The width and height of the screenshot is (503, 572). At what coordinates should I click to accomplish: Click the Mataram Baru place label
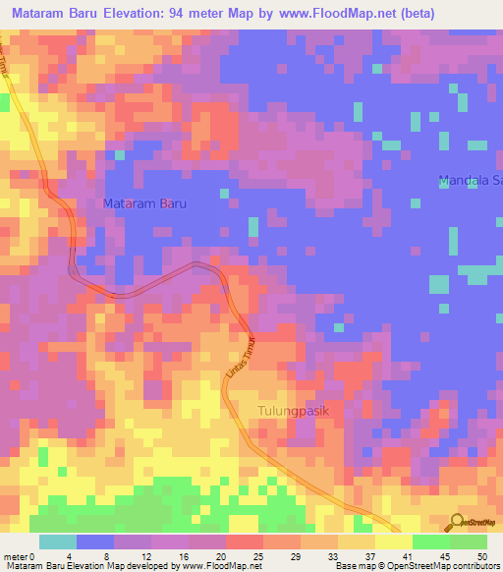click(143, 203)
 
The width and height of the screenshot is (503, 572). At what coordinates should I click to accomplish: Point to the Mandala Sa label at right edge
click(469, 181)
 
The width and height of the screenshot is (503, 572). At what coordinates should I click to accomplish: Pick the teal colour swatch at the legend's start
click(58, 542)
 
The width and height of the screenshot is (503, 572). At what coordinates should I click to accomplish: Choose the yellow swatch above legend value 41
click(393, 542)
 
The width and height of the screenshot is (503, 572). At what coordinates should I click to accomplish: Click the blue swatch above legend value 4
click(95, 542)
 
